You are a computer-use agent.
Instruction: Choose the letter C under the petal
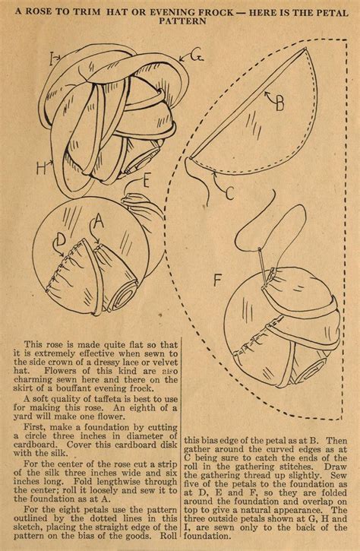pos(230,193)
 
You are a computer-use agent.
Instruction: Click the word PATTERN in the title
pos(180,22)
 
